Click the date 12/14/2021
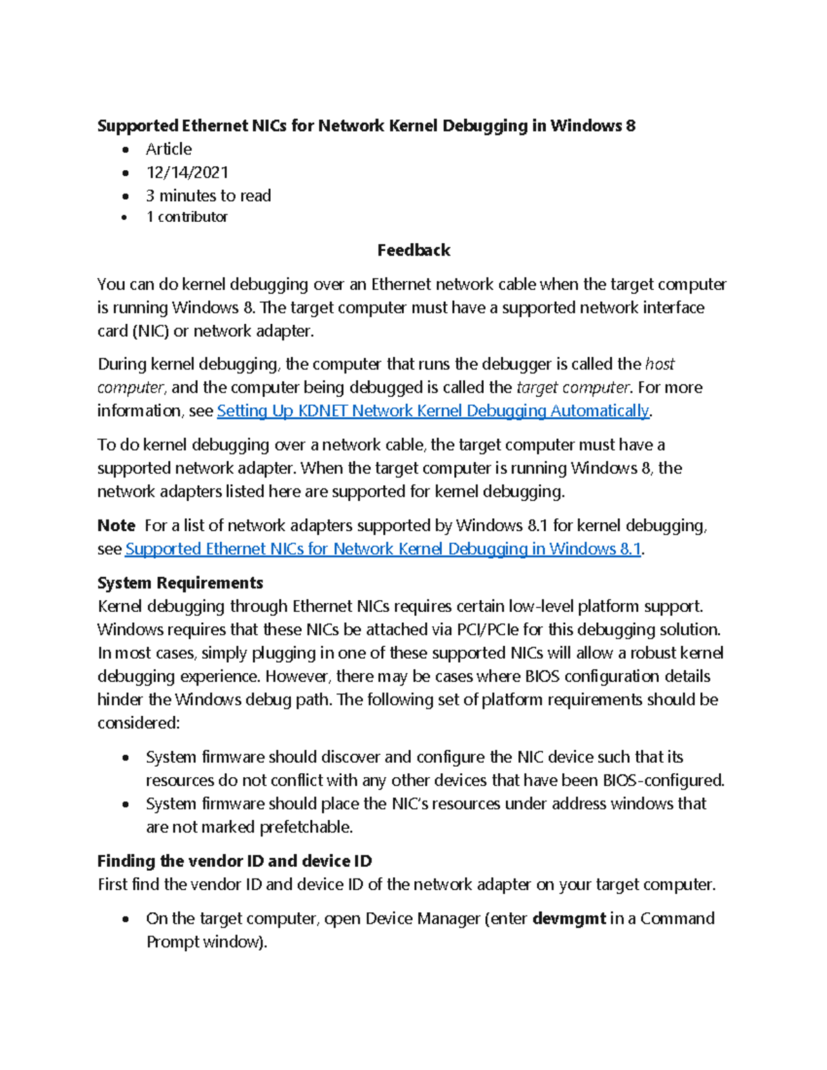(x=187, y=172)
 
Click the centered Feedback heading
(x=413, y=250)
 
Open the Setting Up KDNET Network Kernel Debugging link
(x=433, y=411)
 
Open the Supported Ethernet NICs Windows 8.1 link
(x=383, y=549)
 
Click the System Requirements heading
(x=180, y=583)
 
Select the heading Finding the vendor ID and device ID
(x=234, y=861)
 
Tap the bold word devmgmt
(x=569, y=918)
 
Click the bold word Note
(x=116, y=526)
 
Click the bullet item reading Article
(x=169, y=149)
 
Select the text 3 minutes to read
(x=208, y=196)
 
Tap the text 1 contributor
(x=187, y=217)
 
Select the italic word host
(x=660, y=364)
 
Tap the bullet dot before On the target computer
(x=125, y=919)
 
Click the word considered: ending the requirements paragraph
(x=139, y=723)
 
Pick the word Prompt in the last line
(x=173, y=942)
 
